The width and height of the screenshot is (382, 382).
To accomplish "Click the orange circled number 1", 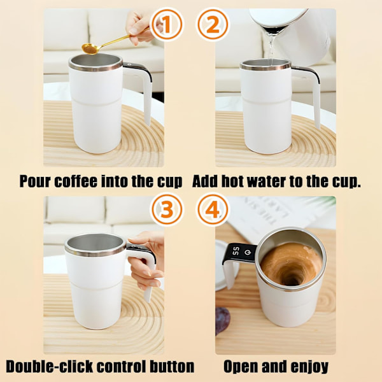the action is (167, 24).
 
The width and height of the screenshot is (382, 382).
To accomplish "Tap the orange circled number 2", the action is (213, 24).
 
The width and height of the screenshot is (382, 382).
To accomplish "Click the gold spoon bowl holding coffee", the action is (90, 48).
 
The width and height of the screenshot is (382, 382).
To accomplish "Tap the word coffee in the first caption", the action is (76, 181).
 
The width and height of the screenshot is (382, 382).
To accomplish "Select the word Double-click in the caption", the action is (50, 367).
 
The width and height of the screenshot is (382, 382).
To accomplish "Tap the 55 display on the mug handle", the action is (236, 251).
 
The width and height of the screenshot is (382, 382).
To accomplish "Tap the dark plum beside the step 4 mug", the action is (222, 320).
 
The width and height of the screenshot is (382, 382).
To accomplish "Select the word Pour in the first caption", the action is (35, 181).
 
